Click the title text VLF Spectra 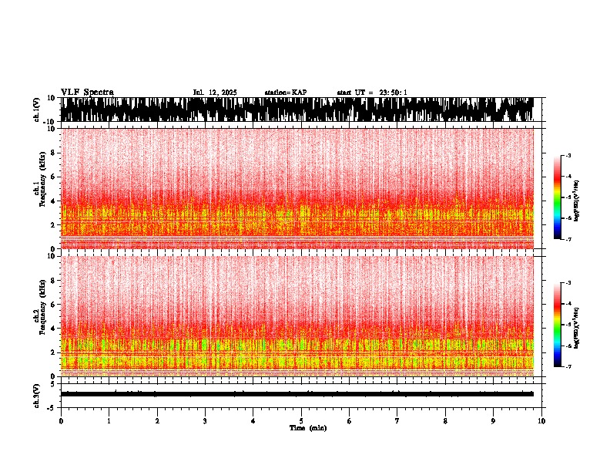87,92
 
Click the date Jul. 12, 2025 215,93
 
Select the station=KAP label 286,93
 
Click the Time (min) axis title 307,428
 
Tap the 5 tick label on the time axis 302,421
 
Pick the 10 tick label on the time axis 542,421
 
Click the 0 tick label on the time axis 61,421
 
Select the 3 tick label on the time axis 206,421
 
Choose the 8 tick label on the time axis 446,421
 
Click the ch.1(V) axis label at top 37,110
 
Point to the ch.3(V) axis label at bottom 37,394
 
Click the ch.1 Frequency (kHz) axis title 39,188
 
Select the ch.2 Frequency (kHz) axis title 39,315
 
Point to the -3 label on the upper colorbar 568,156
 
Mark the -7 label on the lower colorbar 568,367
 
